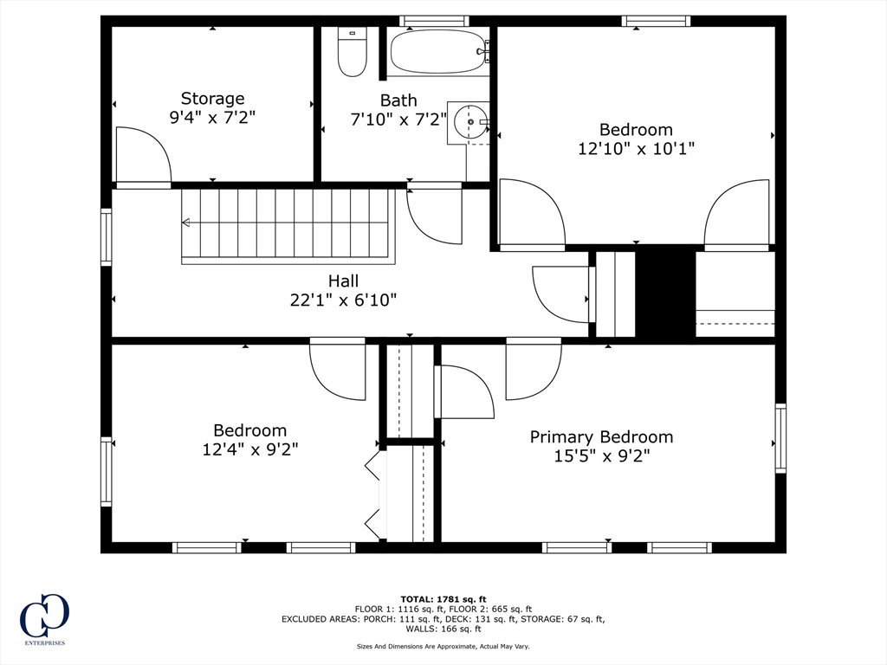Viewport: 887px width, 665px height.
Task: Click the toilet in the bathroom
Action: coord(352,53)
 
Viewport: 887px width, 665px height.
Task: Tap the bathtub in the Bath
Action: coord(437,52)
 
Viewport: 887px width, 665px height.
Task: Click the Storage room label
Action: coord(212,99)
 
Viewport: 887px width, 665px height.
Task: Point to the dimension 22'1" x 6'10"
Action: coord(343,300)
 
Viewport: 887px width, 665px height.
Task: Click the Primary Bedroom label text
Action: coord(601,436)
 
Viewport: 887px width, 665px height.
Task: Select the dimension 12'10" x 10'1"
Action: coord(636,149)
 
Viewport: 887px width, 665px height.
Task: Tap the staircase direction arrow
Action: coord(186,223)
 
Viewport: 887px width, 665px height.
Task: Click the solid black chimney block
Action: coord(665,293)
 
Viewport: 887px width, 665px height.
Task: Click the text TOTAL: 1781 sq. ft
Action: coord(443,599)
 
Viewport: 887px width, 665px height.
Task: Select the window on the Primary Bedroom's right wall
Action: coord(780,438)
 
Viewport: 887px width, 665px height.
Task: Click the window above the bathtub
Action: coord(434,21)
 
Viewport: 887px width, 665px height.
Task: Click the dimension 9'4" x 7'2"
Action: coord(212,118)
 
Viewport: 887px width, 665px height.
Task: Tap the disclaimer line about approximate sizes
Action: coord(443,646)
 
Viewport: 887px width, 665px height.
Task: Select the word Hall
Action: coord(343,281)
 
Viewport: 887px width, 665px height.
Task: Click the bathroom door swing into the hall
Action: coord(432,216)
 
